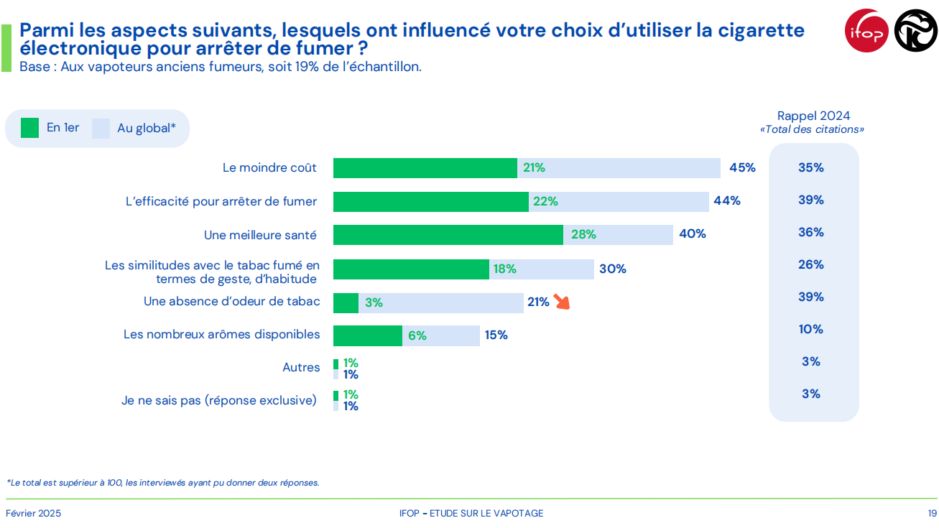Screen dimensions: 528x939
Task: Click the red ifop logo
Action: [x=867, y=31]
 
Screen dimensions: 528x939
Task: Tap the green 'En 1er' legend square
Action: [x=29, y=128]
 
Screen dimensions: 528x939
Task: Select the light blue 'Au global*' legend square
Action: [x=101, y=128]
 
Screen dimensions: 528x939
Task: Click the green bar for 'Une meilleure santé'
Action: [x=448, y=234]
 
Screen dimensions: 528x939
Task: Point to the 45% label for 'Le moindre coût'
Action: [x=742, y=168]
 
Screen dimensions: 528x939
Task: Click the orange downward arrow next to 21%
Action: [x=561, y=302]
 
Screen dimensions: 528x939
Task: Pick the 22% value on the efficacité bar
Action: [x=545, y=202]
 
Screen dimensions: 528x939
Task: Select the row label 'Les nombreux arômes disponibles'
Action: [x=221, y=334]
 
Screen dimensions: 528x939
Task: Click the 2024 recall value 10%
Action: [x=810, y=330]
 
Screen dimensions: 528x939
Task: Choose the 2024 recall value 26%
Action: [x=810, y=265]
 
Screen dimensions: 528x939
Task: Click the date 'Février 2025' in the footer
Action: [x=33, y=513]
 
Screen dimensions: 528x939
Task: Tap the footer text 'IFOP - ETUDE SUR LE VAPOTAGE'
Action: [x=471, y=513]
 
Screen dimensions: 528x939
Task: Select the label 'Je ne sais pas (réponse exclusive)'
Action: [x=218, y=400]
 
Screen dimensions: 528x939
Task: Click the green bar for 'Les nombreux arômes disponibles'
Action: [x=367, y=335]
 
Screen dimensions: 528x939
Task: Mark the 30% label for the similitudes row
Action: [x=612, y=269]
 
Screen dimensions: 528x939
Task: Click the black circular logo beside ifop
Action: [x=915, y=31]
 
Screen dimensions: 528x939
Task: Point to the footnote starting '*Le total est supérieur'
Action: [x=162, y=483]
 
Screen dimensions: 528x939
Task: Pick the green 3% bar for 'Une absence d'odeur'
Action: [x=346, y=303]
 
